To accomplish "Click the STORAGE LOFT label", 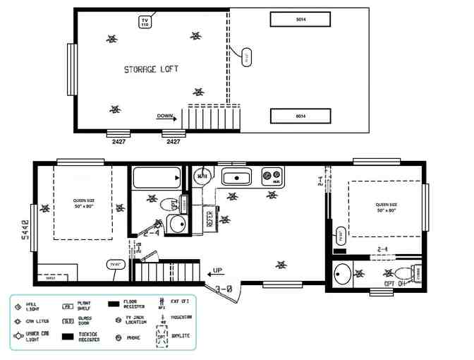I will [151, 69].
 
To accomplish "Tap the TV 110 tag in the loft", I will [145, 22].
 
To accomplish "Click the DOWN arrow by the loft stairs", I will [166, 116].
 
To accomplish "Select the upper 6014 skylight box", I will [300, 20].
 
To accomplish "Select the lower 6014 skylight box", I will [300, 116].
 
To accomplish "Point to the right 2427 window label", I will [173, 141].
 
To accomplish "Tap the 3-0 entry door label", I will [225, 288].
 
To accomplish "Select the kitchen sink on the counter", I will [237, 176].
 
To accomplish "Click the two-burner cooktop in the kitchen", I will [272, 176].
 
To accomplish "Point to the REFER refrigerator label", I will [209, 218].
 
